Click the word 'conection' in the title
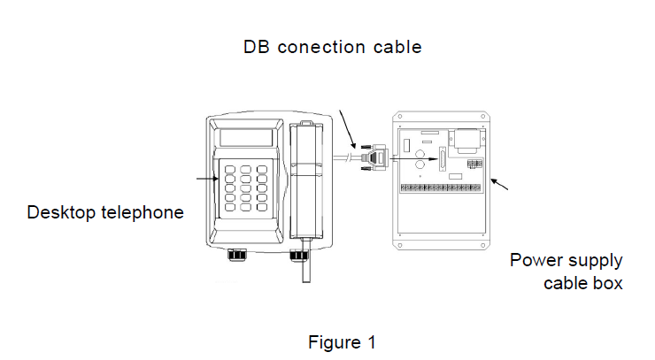click(x=321, y=47)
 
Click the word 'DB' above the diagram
click(x=257, y=47)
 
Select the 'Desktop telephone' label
click(x=105, y=212)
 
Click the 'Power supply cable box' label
click(x=567, y=272)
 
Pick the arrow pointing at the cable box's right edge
click(x=502, y=185)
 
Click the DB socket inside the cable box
click(x=440, y=164)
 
